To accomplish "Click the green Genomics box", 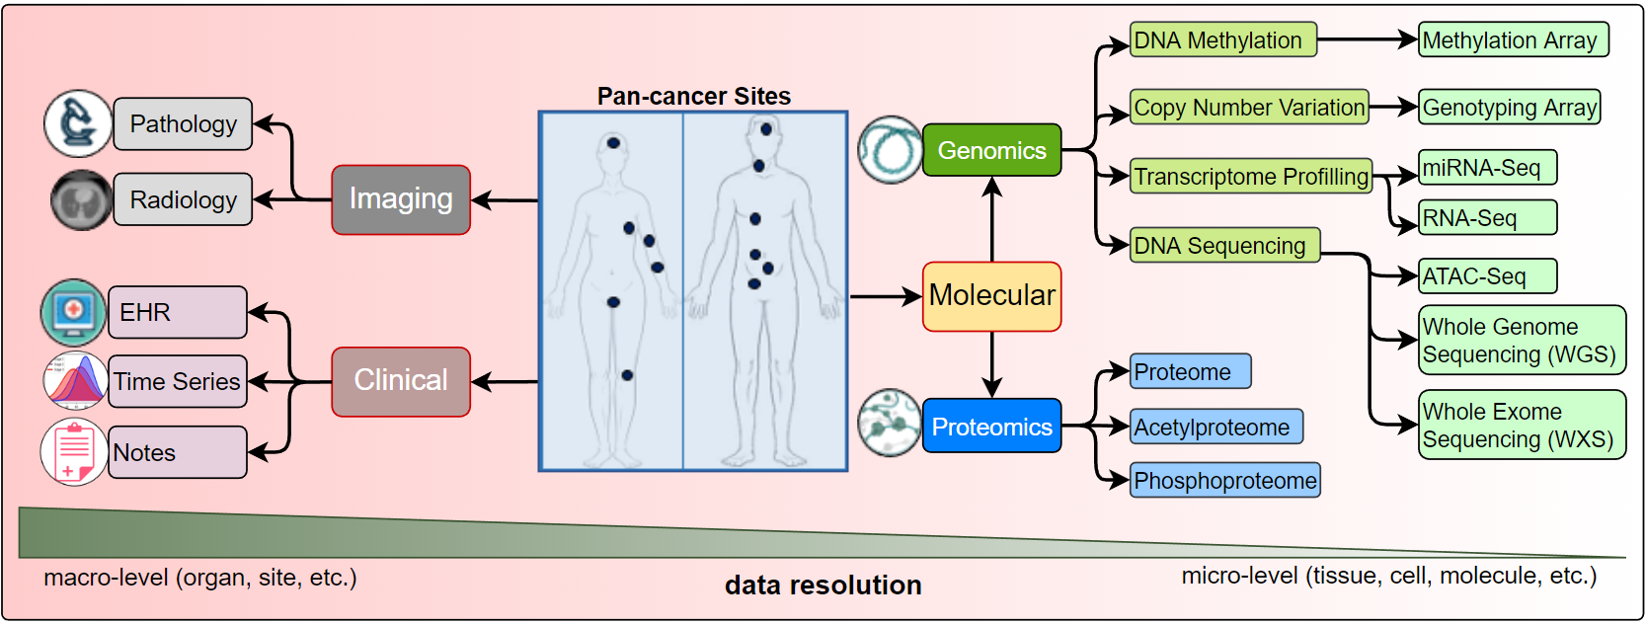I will (x=991, y=150).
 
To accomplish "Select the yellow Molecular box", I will (x=991, y=295).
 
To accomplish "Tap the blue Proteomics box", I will (x=991, y=427).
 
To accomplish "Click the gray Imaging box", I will (x=400, y=199).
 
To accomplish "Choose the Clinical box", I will (x=400, y=381).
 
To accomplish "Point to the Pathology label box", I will (x=183, y=124).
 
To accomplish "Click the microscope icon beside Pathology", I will (x=78, y=124).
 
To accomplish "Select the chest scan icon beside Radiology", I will (x=81, y=200).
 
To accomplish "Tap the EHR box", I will (x=177, y=312).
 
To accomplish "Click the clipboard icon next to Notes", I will (x=74, y=452).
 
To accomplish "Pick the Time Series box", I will (x=177, y=381).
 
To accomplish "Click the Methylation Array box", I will (x=1513, y=40).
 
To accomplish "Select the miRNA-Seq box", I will (x=1487, y=168).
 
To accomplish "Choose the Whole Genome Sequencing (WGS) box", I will (x=1521, y=340).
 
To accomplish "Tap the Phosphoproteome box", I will (x=1224, y=481).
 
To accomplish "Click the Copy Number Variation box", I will (x=1249, y=108).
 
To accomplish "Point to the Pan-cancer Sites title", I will (x=693, y=96).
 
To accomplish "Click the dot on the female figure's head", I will (x=613, y=143).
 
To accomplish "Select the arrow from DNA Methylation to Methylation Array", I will (x=1368, y=40).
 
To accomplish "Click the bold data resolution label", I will (x=823, y=585).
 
